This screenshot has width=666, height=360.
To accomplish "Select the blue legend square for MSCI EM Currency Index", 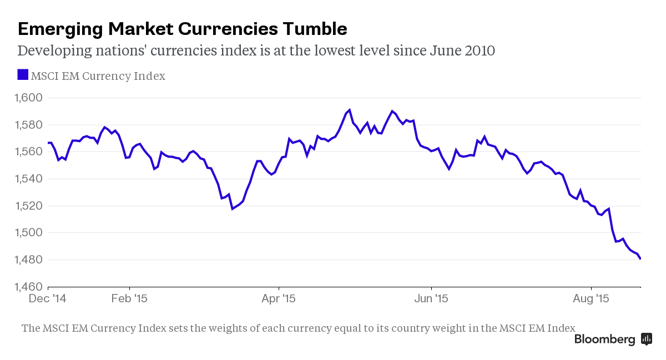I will [x=23, y=75].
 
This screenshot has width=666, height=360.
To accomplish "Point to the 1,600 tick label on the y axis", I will [x=27, y=98].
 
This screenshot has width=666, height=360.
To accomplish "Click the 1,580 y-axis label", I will [x=27, y=125].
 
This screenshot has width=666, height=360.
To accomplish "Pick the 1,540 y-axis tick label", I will [x=27, y=179].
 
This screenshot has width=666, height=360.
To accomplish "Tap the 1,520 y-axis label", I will [x=27, y=206].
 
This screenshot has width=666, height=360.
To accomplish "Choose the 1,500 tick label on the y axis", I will [x=27, y=233].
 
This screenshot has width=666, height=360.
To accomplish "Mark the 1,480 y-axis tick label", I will [x=27, y=260].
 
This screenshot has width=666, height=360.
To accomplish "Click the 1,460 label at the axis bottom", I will [x=27, y=287].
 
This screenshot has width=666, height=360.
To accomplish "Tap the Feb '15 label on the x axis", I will [x=129, y=298].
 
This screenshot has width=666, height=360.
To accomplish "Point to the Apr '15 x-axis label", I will [x=279, y=298].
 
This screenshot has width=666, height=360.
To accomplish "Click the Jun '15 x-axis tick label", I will [x=431, y=298].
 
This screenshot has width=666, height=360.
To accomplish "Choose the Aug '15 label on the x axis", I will [x=591, y=298].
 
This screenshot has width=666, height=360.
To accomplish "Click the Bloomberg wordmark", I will [x=604, y=339].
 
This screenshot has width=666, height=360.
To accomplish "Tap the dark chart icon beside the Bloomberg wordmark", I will [x=646, y=339].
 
